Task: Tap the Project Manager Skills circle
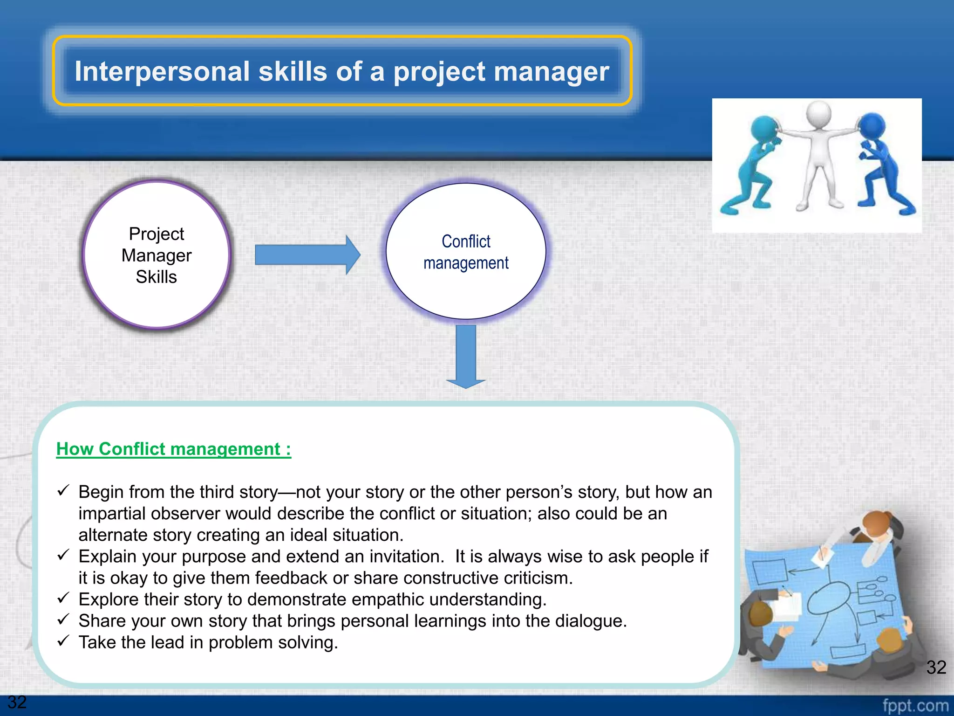pyautogui.click(x=157, y=255)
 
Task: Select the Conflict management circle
pyautogui.click(x=466, y=252)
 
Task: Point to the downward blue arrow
pyautogui.click(x=466, y=357)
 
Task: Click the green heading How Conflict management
pyautogui.click(x=173, y=449)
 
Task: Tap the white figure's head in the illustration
pyautogui.click(x=818, y=113)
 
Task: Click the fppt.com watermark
pyautogui.click(x=915, y=705)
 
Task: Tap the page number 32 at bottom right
pyautogui.click(x=936, y=667)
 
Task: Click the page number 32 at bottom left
pyautogui.click(x=17, y=702)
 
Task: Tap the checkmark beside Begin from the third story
pyautogui.click(x=63, y=490)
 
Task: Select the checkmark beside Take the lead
pyautogui.click(x=63, y=640)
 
